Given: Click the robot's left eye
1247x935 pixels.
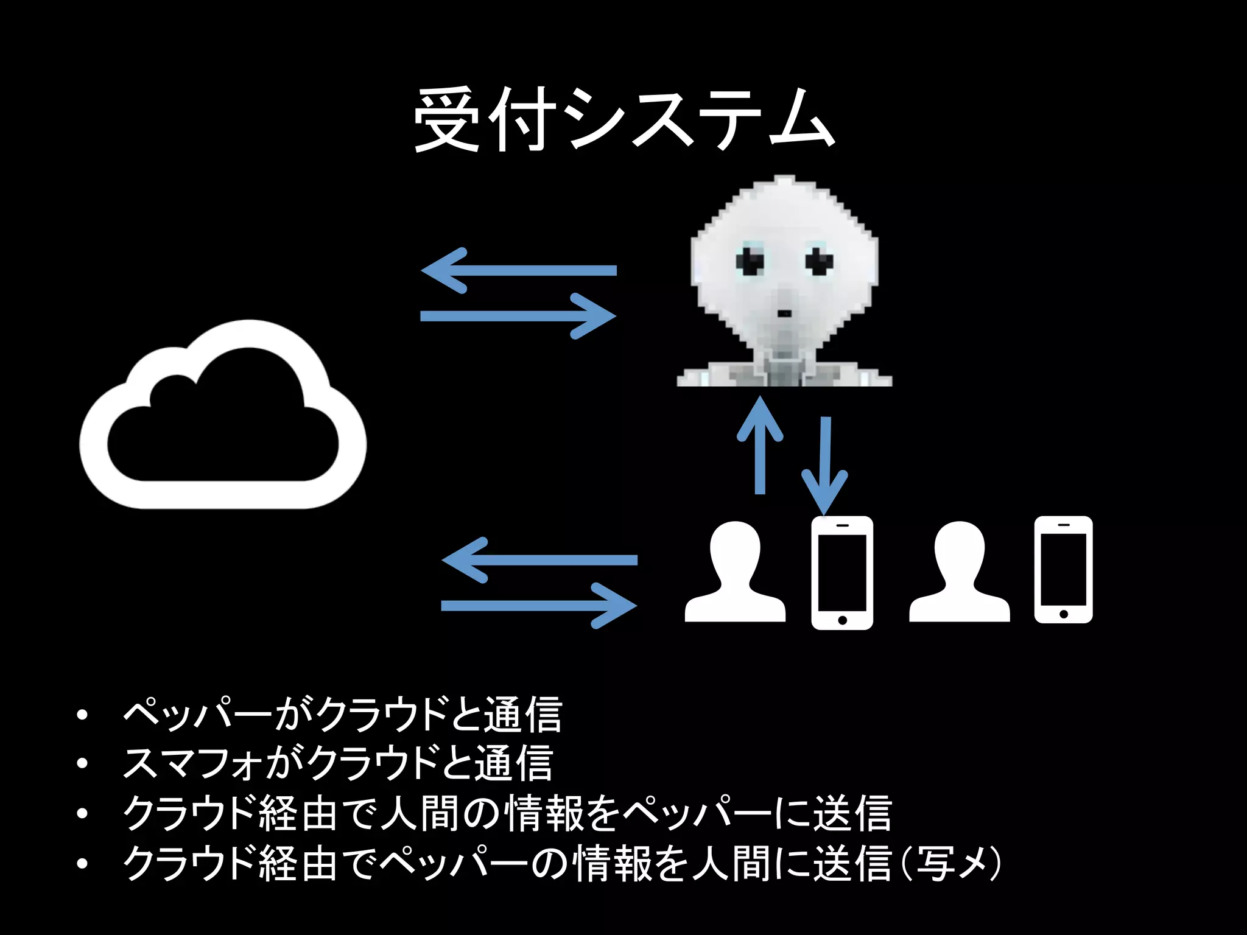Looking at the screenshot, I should (x=750, y=261).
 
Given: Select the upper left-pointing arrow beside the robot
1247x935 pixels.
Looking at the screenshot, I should (x=518, y=270).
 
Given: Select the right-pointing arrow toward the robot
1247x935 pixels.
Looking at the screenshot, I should (x=518, y=316).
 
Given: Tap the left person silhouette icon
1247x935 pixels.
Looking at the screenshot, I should (x=735, y=572).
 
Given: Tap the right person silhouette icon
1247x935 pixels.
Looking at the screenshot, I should (x=959, y=572).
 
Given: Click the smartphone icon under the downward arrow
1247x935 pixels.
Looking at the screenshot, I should (x=842, y=572).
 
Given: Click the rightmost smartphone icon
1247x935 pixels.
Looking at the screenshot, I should (x=1063, y=570).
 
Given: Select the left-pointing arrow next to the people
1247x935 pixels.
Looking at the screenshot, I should (x=539, y=560).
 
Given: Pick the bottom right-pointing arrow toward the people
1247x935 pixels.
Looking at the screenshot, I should (x=539, y=606).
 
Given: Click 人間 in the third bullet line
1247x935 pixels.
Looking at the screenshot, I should (x=420, y=813).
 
